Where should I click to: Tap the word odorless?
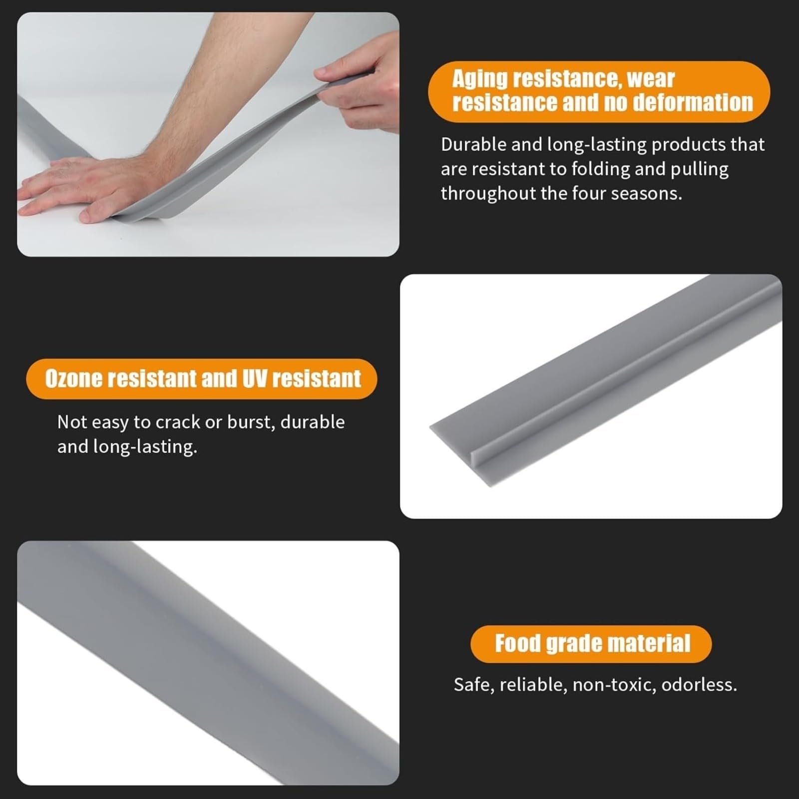(x=699, y=685)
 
